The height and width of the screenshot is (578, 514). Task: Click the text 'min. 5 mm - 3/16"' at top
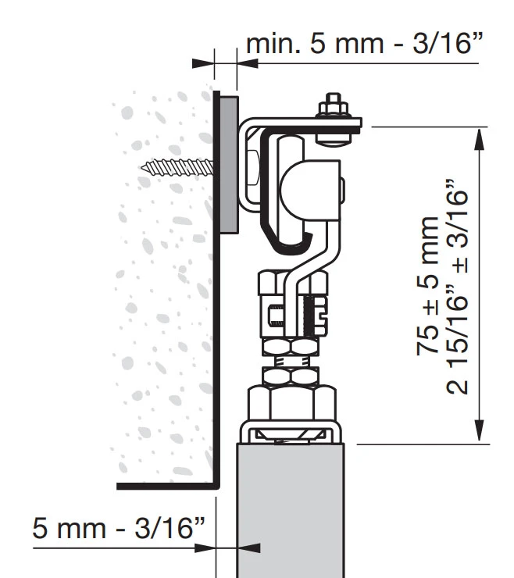point(364,44)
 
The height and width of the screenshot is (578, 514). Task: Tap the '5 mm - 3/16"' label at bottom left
point(119,528)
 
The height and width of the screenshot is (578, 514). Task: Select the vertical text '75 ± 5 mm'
point(428,286)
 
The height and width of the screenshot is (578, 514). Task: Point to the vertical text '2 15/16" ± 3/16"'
point(457,287)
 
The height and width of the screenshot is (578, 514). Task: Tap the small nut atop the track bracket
point(334,105)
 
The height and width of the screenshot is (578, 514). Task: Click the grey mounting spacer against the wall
point(229,165)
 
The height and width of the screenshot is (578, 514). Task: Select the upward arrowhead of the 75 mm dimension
point(480,139)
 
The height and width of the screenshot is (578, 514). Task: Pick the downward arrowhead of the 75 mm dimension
point(480,430)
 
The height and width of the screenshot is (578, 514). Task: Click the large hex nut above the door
point(292,403)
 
